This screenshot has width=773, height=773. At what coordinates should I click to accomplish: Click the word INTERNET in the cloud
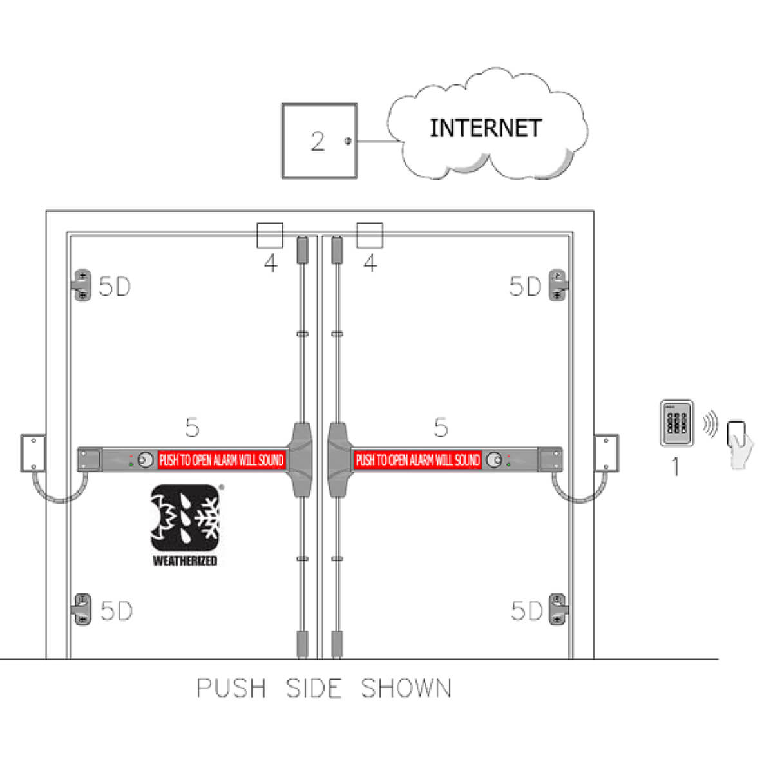[486, 128]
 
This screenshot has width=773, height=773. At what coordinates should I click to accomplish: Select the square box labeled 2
[320, 141]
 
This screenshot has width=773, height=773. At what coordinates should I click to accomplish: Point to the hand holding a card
[740, 444]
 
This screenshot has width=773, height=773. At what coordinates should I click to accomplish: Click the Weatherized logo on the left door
[186, 525]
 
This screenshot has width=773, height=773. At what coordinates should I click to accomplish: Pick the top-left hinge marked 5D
[82, 285]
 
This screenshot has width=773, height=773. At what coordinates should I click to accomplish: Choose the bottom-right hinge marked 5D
[558, 609]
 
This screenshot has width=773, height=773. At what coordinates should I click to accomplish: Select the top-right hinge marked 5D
[558, 285]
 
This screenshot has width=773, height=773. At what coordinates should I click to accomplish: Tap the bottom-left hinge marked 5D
[82, 609]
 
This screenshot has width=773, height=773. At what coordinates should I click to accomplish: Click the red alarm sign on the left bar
[222, 460]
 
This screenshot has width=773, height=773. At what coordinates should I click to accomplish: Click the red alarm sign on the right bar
[417, 460]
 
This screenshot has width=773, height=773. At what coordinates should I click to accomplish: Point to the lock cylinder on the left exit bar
[145, 460]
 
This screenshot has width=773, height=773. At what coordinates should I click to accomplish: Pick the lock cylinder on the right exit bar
[494, 460]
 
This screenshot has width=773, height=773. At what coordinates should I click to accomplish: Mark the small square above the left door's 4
[269, 235]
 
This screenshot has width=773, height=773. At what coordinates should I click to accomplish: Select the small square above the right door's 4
[370, 235]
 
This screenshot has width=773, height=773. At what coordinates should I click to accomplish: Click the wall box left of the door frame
[33, 453]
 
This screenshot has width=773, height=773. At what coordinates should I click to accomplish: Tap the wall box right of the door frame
[606, 453]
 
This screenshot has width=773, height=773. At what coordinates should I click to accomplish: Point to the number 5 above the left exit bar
[192, 427]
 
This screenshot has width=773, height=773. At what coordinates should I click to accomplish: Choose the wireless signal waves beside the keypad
[710, 424]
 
